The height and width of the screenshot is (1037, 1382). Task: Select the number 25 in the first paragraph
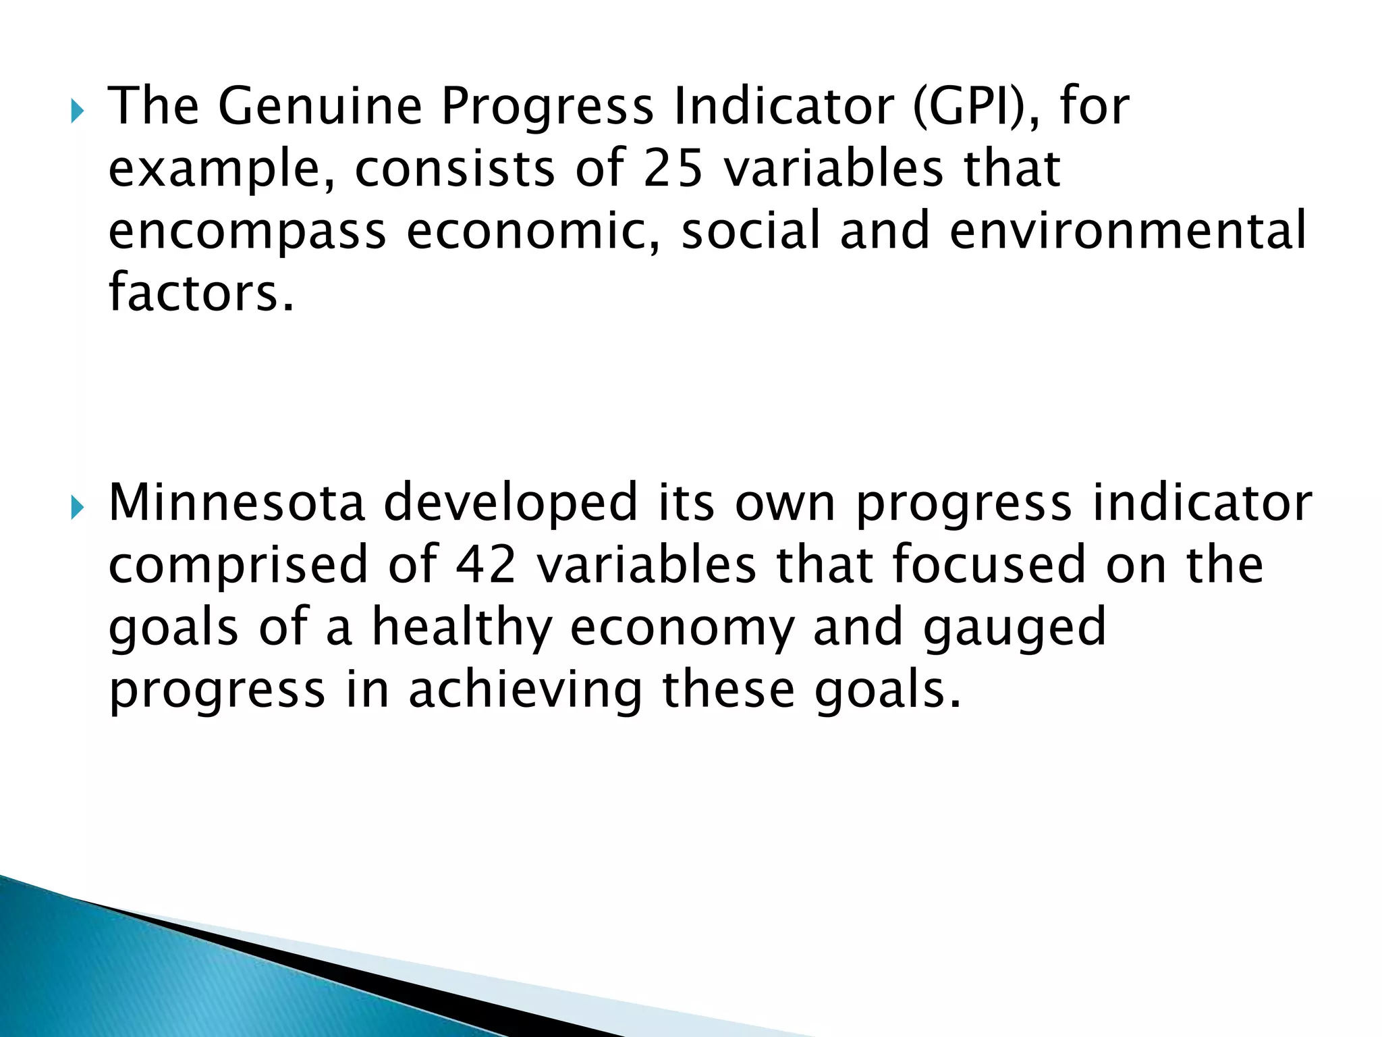pos(673,169)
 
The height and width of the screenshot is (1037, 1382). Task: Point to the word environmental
pos(1128,231)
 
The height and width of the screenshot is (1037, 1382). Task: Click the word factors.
pos(201,293)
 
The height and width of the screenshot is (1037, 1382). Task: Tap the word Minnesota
pos(237,503)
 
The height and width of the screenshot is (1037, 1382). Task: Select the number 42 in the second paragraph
pos(485,565)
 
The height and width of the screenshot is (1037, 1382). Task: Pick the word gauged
pos(1014,627)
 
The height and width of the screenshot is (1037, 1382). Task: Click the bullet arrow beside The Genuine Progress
pos(77,111)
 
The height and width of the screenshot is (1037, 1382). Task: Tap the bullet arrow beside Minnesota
pos(77,507)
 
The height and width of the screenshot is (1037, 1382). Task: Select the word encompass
pos(247,231)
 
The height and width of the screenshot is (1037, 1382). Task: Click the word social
pos(750,231)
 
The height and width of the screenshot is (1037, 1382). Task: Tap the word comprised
pos(238,565)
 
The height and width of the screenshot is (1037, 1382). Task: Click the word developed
pos(510,503)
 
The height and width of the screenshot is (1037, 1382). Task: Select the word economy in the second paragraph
pos(682,627)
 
